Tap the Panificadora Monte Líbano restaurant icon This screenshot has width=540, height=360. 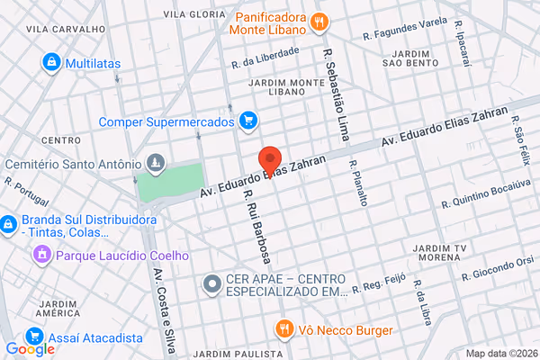317,22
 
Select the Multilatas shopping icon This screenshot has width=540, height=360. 51,62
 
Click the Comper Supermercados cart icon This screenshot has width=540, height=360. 248,121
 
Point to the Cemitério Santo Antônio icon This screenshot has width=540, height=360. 155,164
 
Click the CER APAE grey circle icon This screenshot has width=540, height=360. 212,284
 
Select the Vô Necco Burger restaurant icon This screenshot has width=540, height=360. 283,328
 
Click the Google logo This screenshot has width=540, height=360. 30,349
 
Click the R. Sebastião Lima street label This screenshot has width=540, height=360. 336,90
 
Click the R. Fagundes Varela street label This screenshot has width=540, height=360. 405,28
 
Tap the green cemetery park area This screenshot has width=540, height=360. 168,183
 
